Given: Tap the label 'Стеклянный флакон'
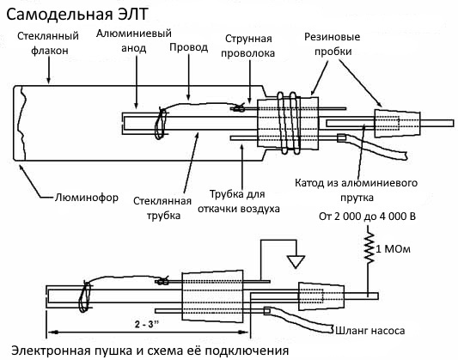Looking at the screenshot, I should [49, 44].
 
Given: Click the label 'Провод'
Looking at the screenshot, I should [189, 47].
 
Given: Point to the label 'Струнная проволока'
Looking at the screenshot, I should [249, 46].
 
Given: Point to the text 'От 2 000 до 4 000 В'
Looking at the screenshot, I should [367, 215].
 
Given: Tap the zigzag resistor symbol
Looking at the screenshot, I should [369, 250].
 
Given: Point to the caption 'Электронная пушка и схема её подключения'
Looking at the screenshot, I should [146, 351].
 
